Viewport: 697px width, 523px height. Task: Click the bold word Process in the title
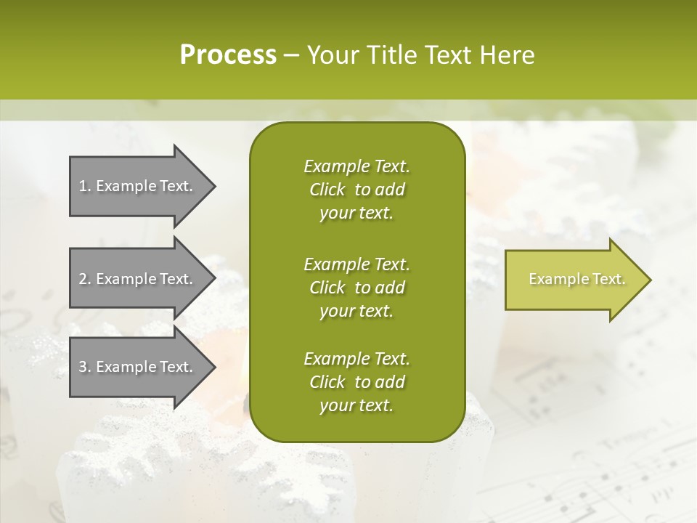(228, 54)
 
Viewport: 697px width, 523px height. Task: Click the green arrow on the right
(574, 280)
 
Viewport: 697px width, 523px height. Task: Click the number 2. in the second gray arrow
(85, 279)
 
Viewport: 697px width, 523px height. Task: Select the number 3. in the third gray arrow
(85, 367)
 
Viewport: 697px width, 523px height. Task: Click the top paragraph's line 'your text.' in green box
(356, 214)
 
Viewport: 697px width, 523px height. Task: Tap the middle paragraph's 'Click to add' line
(356, 288)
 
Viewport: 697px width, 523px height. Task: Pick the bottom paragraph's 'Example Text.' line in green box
(356, 359)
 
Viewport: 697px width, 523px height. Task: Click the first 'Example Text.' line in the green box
(356, 166)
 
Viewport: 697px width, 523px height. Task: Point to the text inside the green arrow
(576, 279)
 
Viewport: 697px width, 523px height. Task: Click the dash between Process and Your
(292, 55)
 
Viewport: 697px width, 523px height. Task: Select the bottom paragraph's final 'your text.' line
(356, 406)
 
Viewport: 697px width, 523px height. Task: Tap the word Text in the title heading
(444, 54)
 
